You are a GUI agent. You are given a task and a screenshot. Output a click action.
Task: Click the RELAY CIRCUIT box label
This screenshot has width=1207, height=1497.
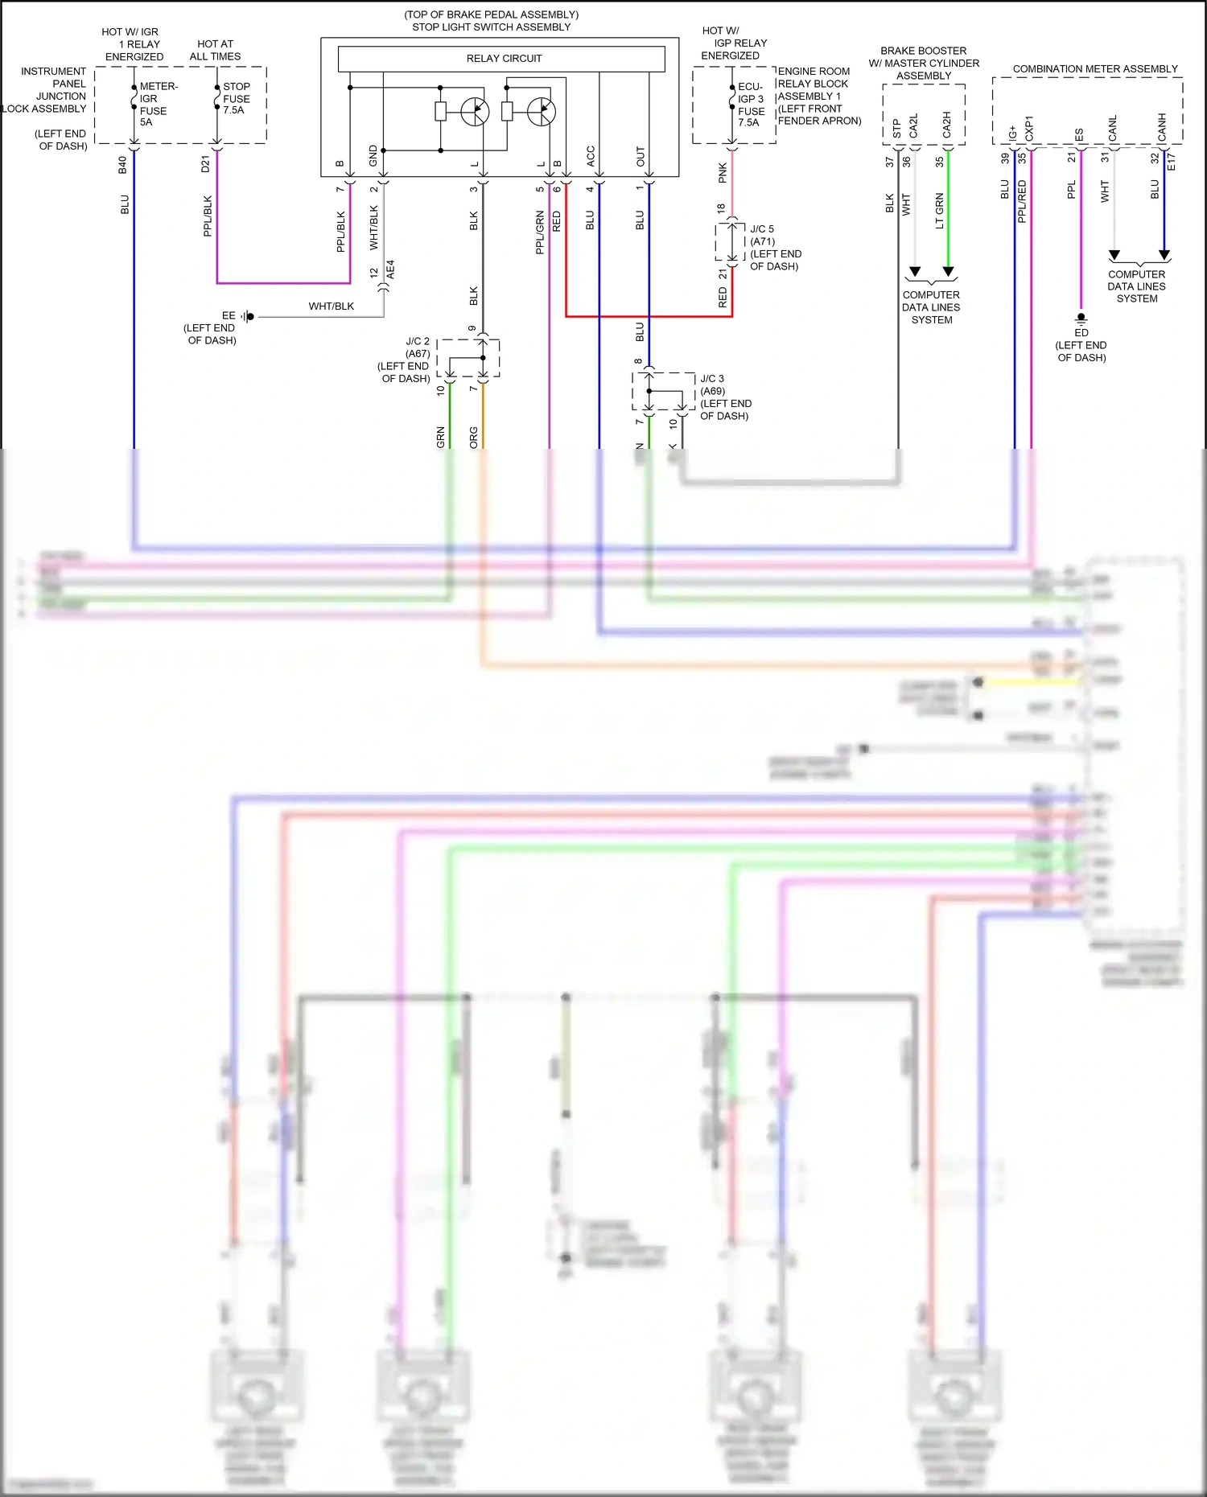point(504,59)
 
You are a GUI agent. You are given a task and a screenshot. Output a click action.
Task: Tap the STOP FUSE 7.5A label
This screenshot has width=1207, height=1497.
point(237,98)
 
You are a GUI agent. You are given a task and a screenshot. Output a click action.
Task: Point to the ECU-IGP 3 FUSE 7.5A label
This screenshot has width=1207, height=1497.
point(751,105)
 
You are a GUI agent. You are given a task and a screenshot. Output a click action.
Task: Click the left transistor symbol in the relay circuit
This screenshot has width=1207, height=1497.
point(475,111)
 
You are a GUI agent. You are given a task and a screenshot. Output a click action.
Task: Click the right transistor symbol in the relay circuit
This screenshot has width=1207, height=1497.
point(542,111)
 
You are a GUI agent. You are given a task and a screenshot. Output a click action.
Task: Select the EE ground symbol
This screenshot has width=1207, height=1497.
point(249,316)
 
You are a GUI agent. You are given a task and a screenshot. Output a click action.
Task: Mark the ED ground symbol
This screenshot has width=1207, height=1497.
point(1081,319)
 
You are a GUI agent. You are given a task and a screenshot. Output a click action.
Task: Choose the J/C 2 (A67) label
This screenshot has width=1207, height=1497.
point(418,348)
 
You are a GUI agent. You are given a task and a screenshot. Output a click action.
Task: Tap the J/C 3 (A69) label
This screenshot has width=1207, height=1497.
point(712,385)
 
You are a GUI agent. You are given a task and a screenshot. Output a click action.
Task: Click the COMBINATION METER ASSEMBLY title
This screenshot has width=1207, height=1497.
point(1094,69)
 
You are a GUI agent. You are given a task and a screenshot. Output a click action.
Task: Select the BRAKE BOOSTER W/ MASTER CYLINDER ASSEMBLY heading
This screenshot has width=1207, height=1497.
point(924,63)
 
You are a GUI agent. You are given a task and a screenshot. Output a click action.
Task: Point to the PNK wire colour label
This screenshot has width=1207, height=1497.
point(723,173)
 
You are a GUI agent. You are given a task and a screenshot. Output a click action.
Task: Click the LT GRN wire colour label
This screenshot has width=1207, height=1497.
point(939,211)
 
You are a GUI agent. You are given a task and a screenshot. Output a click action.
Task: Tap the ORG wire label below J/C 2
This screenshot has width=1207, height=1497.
point(474,437)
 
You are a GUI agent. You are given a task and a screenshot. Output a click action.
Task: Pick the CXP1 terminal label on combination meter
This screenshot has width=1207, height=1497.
point(1029,129)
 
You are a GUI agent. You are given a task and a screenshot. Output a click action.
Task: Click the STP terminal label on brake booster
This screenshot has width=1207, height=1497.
point(896,129)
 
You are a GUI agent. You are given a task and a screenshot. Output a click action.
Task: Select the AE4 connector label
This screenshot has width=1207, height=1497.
point(391,269)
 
